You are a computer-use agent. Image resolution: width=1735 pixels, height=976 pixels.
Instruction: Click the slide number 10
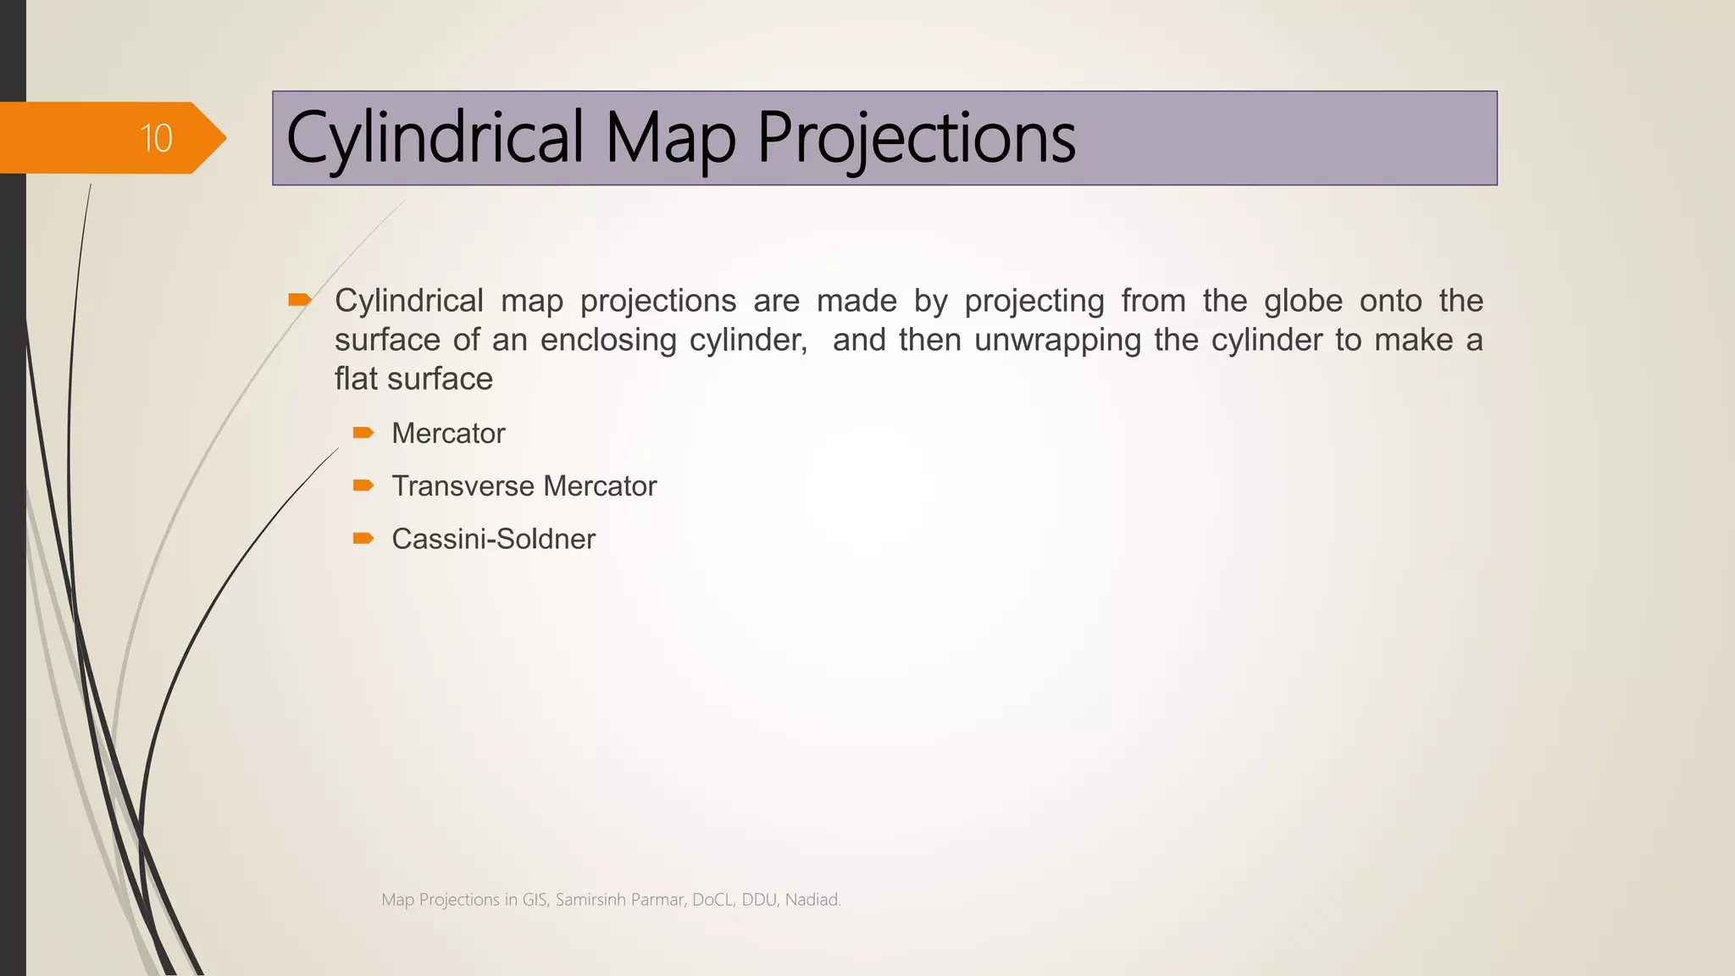tap(156, 138)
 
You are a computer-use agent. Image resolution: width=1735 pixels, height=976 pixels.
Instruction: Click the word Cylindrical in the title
tap(435, 138)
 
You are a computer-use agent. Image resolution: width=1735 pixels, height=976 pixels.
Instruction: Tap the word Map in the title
tap(670, 138)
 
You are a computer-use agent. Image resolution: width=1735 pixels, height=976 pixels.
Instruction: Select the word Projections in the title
tap(916, 138)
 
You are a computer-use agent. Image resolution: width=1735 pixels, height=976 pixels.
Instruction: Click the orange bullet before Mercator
tap(363, 433)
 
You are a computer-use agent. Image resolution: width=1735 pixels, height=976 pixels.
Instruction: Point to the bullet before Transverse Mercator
tap(363, 485)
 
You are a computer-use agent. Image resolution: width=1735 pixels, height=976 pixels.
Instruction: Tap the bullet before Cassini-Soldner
tap(363, 538)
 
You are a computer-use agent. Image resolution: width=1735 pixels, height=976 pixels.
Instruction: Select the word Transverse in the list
tap(463, 486)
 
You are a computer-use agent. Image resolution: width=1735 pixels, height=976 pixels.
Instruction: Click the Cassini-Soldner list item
tap(493, 539)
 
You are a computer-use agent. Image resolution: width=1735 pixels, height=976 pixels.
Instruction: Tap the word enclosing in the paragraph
tap(607, 341)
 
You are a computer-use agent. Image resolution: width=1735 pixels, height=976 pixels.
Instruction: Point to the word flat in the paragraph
tap(356, 379)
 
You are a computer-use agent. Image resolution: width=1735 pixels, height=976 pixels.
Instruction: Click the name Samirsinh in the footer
tap(590, 900)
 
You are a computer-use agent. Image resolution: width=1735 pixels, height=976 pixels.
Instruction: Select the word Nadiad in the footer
tap(811, 900)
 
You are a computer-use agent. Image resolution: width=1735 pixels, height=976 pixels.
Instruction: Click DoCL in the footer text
tap(712, 900)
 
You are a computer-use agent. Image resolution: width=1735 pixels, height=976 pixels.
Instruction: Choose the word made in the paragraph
tap(856, 301)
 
